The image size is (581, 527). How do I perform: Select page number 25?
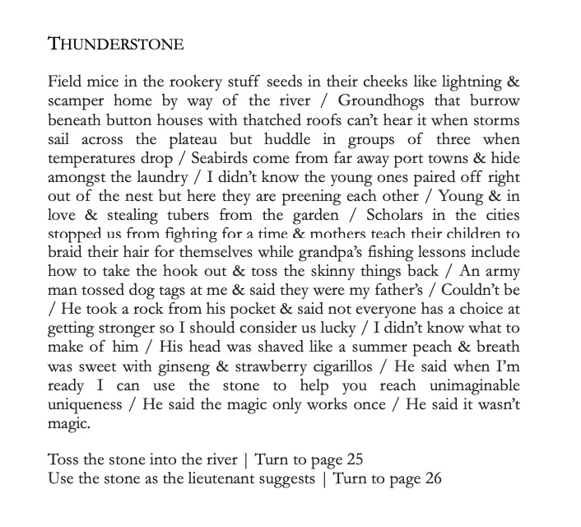tap(354, 459)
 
